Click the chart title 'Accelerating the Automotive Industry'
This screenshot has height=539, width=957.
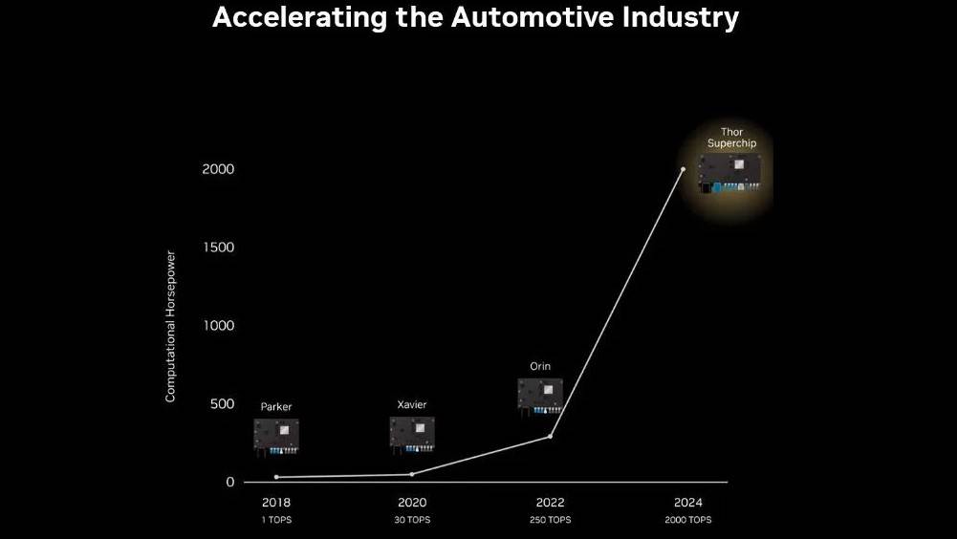click(475, 18)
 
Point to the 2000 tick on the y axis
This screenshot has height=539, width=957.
click(218, 169)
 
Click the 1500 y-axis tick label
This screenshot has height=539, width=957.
click(218, 248)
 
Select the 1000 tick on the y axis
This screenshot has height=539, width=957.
click(218, 326)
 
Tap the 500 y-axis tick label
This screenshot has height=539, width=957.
click(221, 404)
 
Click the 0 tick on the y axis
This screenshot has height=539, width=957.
click(229, 482)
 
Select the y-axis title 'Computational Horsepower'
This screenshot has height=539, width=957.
click(171, 327)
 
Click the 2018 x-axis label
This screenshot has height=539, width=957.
click(276, 503)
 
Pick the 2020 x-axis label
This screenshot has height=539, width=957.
click(412, 503)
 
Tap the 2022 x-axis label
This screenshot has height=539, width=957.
click(549, 503)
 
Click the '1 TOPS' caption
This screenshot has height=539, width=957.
click(276, 520)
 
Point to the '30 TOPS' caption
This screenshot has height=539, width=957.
click(412, 520)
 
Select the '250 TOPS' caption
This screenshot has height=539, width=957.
click(549, 520)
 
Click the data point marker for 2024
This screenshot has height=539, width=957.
click(683, 169)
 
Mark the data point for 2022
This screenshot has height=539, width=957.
click(550, 437)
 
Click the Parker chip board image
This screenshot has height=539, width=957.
click(276, 435)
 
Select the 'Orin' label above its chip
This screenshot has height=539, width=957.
click(540, 366)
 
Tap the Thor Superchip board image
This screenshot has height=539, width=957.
click(732, 174)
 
